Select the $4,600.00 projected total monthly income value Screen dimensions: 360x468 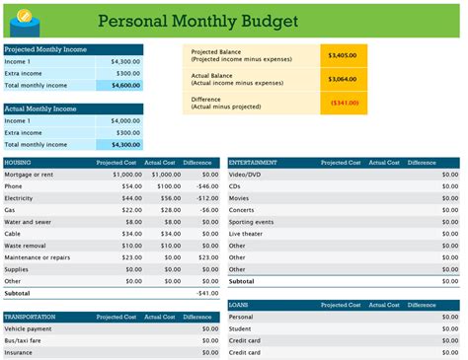click(122, 86)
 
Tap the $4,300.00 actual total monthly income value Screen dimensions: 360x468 click(122, 145)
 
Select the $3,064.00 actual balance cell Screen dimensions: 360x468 click(344, 79)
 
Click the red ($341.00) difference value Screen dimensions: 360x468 click(344, 102)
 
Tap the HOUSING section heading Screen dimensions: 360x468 click(19, 162)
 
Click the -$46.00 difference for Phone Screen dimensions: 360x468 click(207, 185)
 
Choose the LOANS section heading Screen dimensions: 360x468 click(239, 305)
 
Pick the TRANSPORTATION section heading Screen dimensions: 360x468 click(31, 317)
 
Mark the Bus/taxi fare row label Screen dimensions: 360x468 click(25, 340)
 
